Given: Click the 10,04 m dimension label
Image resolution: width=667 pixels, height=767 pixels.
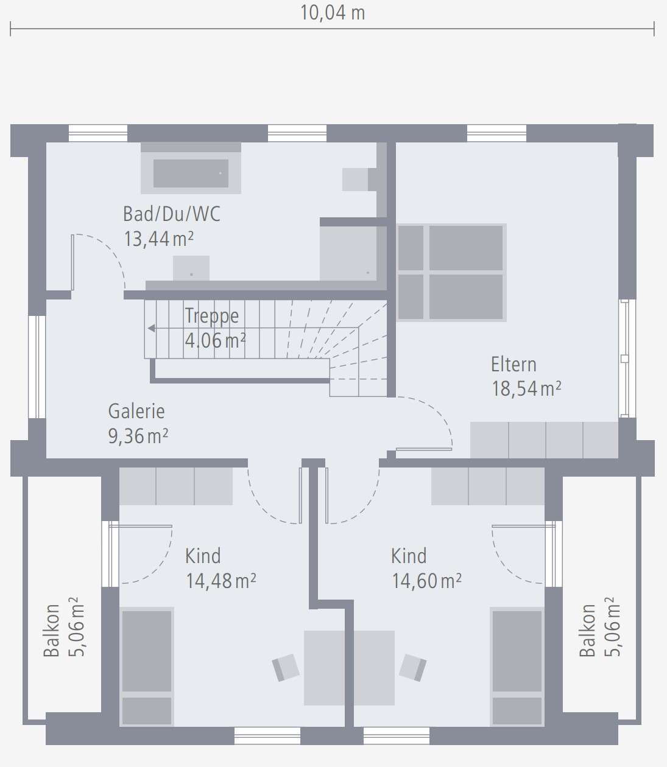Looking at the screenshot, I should [x=332, y=13].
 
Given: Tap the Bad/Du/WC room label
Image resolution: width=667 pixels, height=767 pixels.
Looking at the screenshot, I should [x=171, y=214].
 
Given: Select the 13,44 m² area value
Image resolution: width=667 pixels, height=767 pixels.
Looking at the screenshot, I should [x=158, y=239].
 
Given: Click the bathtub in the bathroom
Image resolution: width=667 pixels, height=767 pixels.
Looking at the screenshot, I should [x=191, y=173].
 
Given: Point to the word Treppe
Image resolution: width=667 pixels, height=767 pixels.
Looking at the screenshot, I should [x=211, y=315].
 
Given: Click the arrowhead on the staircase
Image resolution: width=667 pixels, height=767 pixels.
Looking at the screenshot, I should [x=151, y=328].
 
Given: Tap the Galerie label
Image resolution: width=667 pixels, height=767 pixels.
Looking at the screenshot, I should [x=136, y=412].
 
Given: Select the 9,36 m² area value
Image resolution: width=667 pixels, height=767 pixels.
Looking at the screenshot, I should [x=138, y=436].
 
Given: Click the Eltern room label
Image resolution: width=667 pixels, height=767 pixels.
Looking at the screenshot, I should [x=513, y=365].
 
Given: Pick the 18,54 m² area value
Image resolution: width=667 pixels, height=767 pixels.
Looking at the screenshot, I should [x=526, y=388].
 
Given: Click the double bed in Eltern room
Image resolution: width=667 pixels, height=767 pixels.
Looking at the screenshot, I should [x=451, y=272].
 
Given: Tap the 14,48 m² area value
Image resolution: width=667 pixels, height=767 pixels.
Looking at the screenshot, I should [x=221, y=581].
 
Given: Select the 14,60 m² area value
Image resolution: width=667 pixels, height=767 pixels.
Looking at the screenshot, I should [x=426, y=581].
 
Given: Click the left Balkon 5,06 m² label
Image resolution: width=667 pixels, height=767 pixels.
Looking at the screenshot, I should [x=63, y=627].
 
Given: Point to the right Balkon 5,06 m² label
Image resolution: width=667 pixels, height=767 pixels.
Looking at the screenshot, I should [x=599, y=627].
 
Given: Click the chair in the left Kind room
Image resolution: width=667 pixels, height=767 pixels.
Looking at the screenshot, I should [x=285, y=667].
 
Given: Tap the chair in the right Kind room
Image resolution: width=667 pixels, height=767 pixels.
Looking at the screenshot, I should [x=413, y=667].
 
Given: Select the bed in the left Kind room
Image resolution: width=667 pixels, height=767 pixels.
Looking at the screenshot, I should [x=146, y=666].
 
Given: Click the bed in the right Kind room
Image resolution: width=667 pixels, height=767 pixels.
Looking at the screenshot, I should [x=517, y=666].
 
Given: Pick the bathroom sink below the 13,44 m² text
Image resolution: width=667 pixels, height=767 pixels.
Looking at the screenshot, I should [x=191, y=268].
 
